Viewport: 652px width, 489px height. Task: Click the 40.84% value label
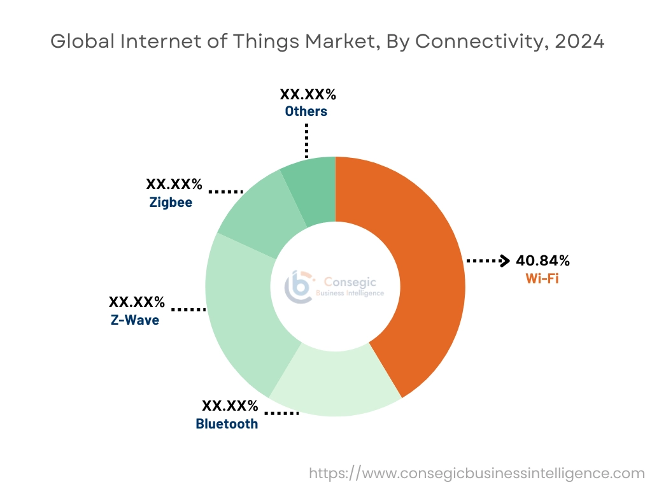pos(542,260)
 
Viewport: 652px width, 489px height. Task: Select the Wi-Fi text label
pos(542,278)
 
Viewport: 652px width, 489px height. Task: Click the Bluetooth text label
pos(227,423)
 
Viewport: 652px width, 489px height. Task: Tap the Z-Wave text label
pos(135,320)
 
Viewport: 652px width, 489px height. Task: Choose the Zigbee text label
pos(171,203)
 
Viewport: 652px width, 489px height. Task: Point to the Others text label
pos(306,111)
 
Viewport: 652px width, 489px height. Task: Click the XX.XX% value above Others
pos(308,95)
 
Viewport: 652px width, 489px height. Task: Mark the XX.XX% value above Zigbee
pos(174,185)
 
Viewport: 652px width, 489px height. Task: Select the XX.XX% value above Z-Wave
pos(137,301)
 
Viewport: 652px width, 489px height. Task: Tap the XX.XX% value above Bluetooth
pos(230,406)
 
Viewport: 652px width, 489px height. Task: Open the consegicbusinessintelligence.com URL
pos(477,473)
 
